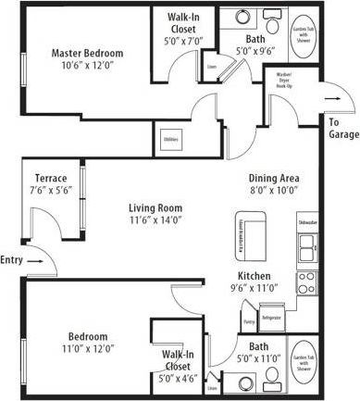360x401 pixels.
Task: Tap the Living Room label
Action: click(155, 208)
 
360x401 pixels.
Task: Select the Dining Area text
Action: click(272, 179)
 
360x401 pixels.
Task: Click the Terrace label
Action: click(50, 178)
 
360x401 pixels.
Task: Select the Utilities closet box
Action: click(170, 140)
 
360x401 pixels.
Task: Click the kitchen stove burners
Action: click(305, 280)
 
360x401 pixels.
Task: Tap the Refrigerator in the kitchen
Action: click(270, 319)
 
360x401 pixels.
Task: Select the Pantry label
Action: click(249, 321)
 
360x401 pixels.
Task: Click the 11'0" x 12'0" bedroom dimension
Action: click(87, 349)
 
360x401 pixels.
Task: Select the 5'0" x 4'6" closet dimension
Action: click(178, 378)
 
